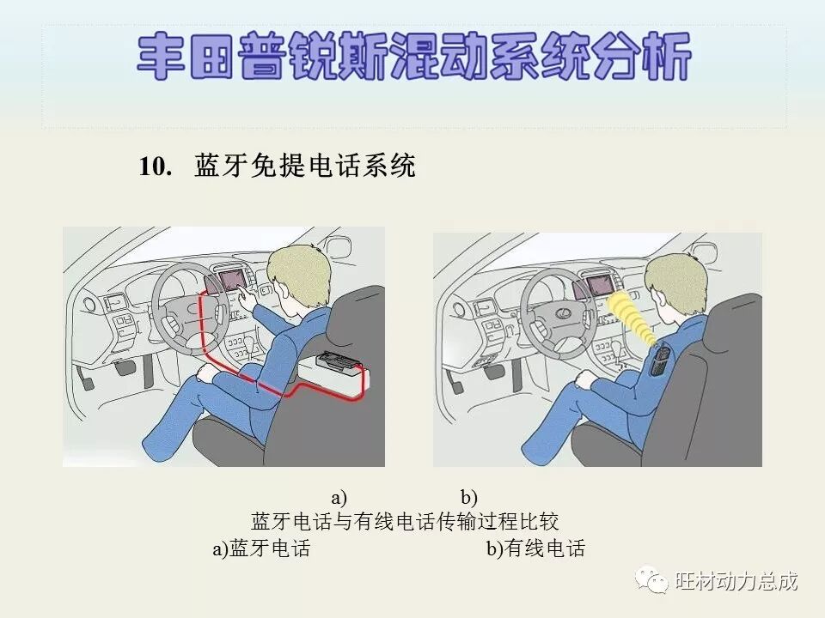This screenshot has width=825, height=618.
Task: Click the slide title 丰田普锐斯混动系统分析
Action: click(x=413, y=58)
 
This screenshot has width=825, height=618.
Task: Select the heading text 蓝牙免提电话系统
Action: click(x=305, y=167)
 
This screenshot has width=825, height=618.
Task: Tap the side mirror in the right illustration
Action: click(x=703, y=252)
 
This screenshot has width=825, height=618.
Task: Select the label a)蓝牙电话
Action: click(x=261, y=548)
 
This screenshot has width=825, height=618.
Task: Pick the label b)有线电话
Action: click(x=535, y=548)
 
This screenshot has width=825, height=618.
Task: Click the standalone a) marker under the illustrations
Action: click(x=339, y=497)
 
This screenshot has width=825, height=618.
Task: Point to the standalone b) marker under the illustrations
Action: click(x=468, y=497)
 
